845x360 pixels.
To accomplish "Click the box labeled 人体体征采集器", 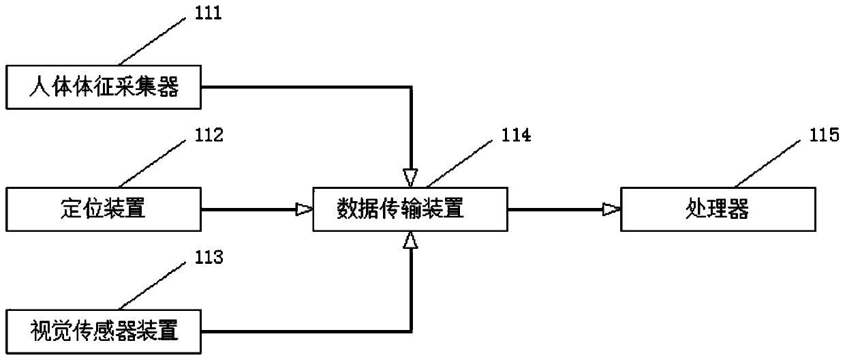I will pyautogui.click(x=105, y=87).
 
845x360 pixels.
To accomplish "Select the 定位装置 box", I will pyautogui.click(x=105, y=209).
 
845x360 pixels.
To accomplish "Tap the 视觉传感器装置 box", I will pyautogui.click(x=105, y=331).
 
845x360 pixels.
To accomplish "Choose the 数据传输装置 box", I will pyautogui.click(x=410, y=209).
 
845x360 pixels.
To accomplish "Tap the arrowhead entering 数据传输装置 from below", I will pyautogui.click(x=410, y=239).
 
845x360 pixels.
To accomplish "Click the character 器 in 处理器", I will pyautogui.click(x=738, y=209).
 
